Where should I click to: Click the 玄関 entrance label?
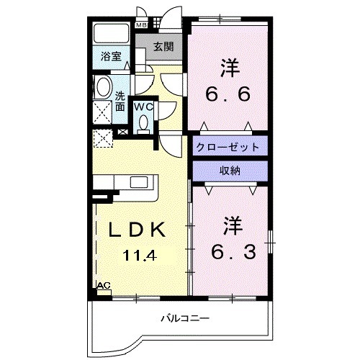pos(163,48)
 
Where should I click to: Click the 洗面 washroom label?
pos(120,101)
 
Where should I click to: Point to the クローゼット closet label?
pos(226,147)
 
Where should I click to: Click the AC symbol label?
pos(103,286)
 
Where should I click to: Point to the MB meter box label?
pos(141,24)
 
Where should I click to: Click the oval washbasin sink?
pos(103,90)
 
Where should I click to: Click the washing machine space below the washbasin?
pos(104,112)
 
